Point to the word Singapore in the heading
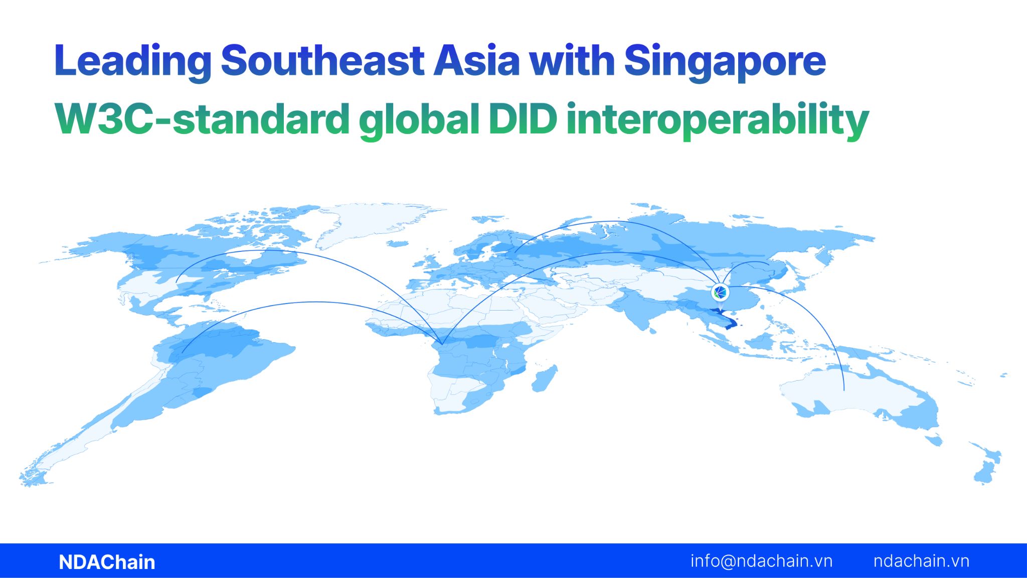[x=725, y=61]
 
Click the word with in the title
[x=572, y=61]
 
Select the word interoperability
[x=718, y=119]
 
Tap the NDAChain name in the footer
[x=107, y=562]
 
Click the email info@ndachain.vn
[x=761, y=561]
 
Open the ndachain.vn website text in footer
[x=921, y=561]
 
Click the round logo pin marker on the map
[x=720, y=292]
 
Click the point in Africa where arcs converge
[x=442, y=344]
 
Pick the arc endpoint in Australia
[x=844, y=390]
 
